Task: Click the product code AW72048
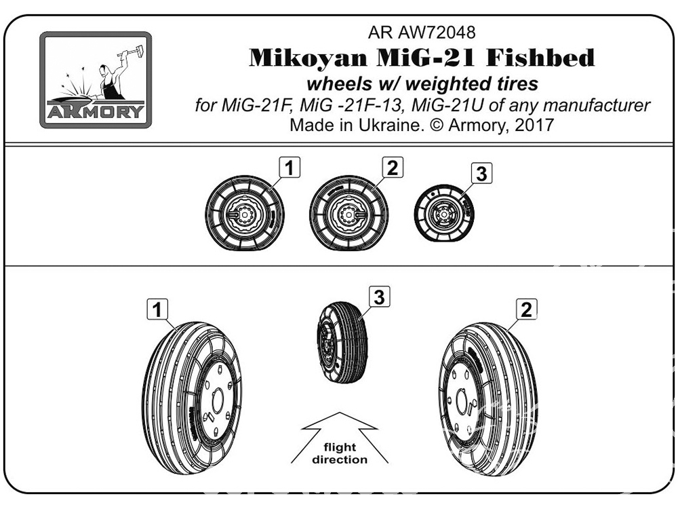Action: [437, 33]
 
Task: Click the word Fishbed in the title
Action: [540, 58]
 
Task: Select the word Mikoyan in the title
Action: [308, 58]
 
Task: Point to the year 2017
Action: [534, 125]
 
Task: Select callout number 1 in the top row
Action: [290, 167]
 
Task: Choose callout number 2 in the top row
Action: [393, 167]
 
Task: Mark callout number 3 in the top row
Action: [481, 174]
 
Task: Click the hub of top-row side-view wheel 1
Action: [245, 213]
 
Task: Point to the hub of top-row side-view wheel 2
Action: [348, 213]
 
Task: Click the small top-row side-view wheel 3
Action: [444, 212]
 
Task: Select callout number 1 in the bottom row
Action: [157, 309]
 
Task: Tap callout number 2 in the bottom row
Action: [526, 309]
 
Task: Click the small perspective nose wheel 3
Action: [342, 342]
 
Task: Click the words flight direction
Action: [340, 453]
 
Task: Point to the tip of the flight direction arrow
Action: [340, 413]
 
